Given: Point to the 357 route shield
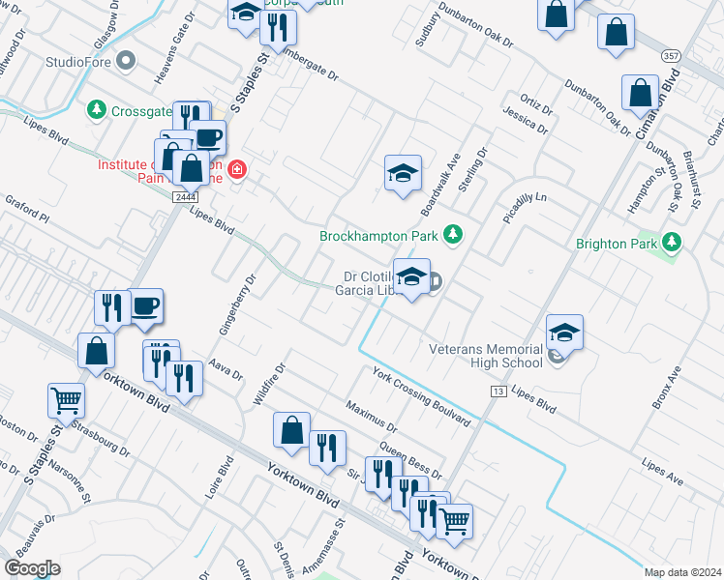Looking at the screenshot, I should click(x=670, y=57).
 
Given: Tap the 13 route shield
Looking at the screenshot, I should click(x=498, y=391).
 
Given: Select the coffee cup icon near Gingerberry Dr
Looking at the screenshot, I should click(x=145, y=306).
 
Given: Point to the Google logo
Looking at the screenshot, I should click(x=33, y=568).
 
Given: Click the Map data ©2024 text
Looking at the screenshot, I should click(x=682, y=572).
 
